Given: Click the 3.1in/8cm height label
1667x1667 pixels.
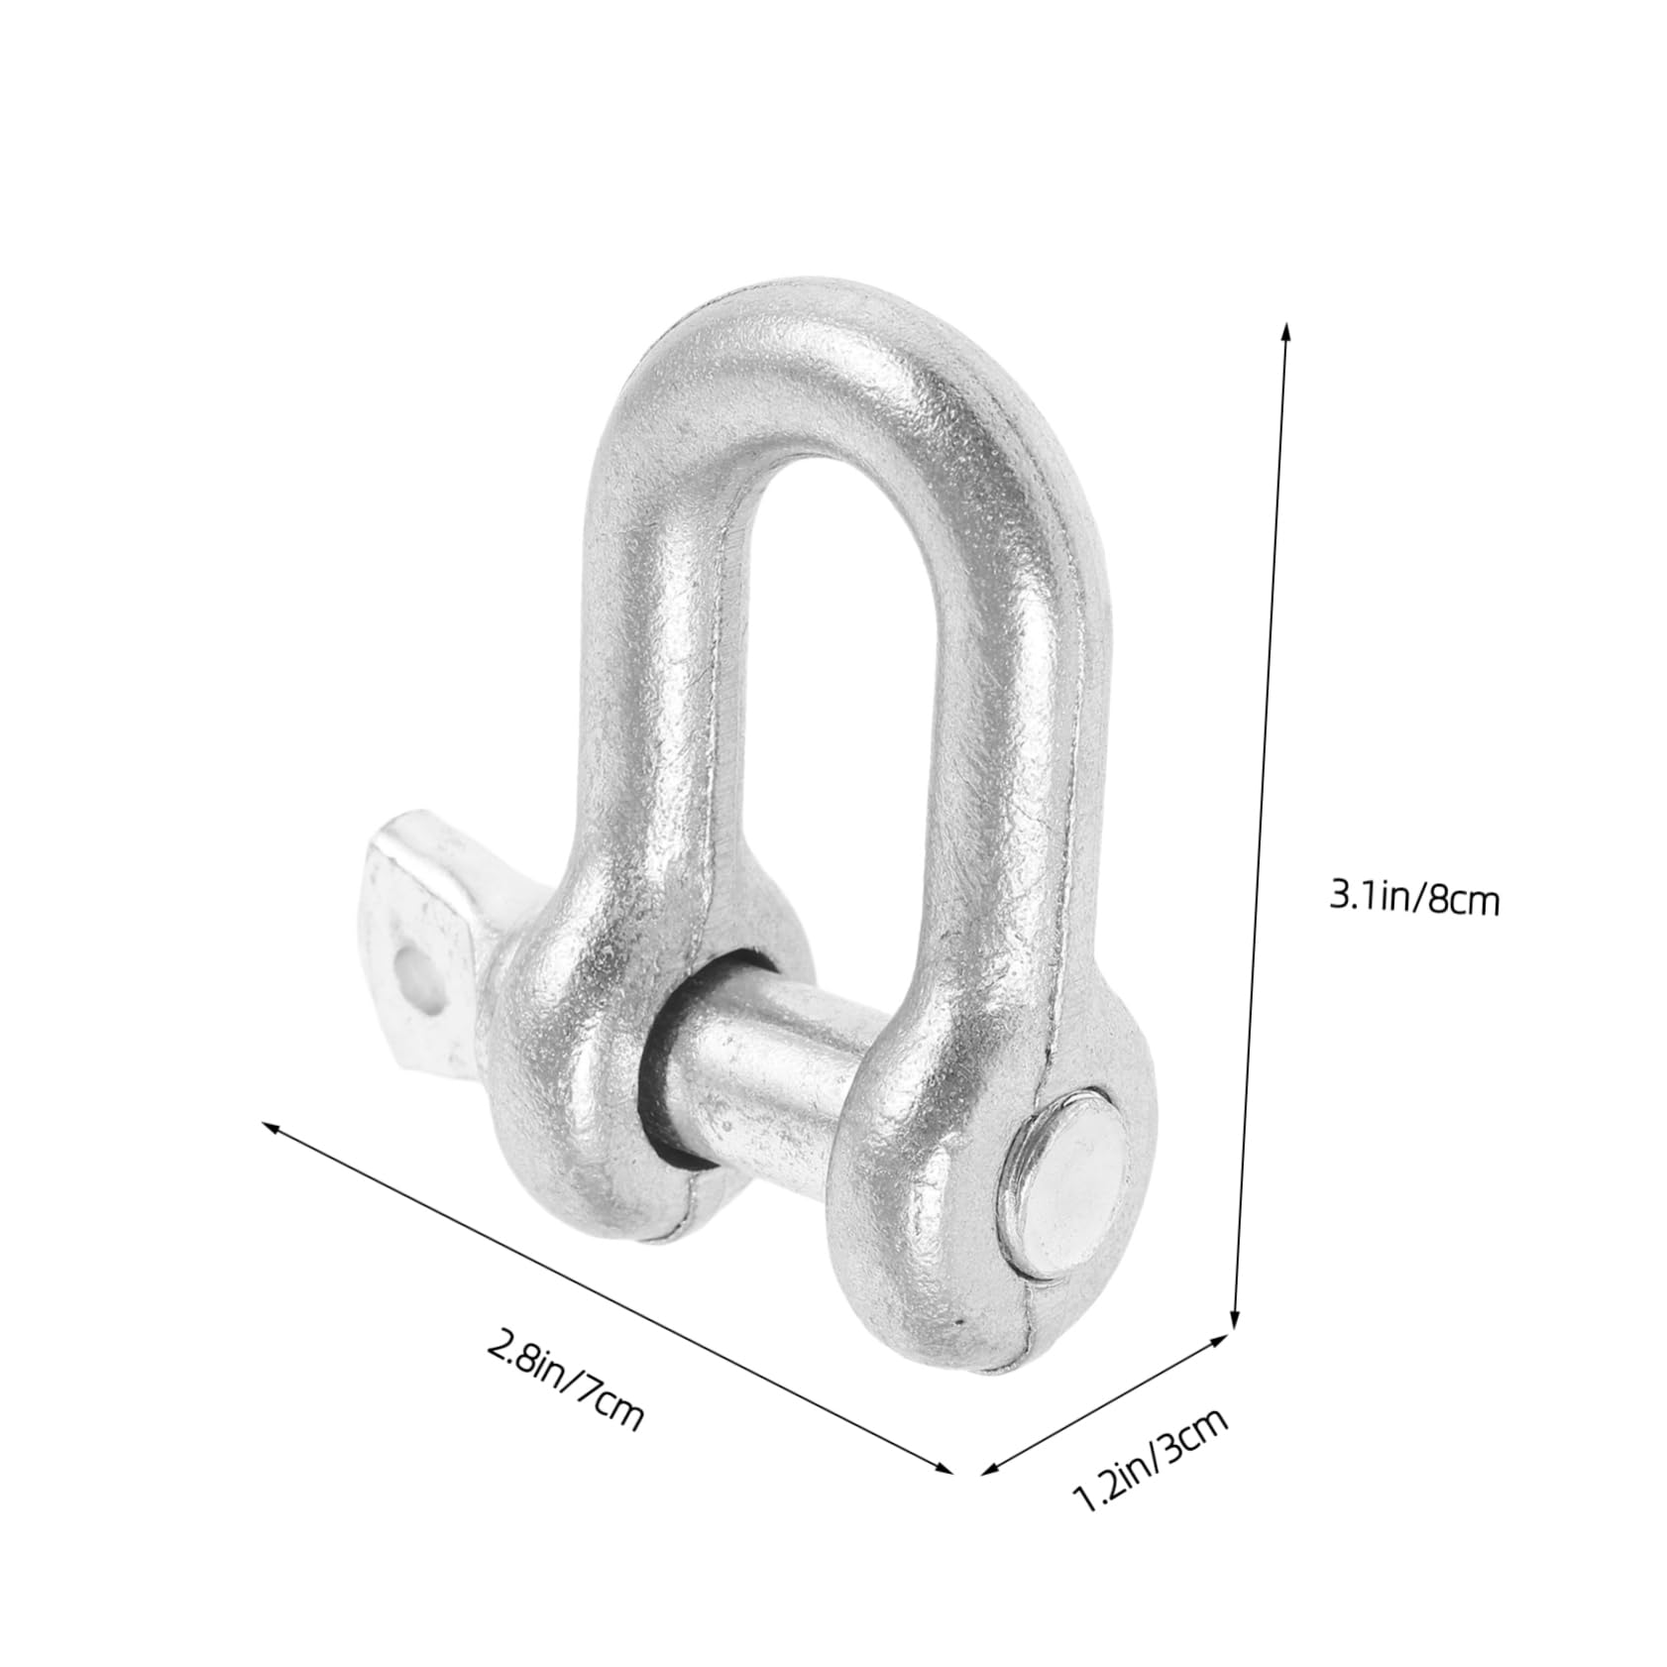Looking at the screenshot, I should [x=1413, y=900].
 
